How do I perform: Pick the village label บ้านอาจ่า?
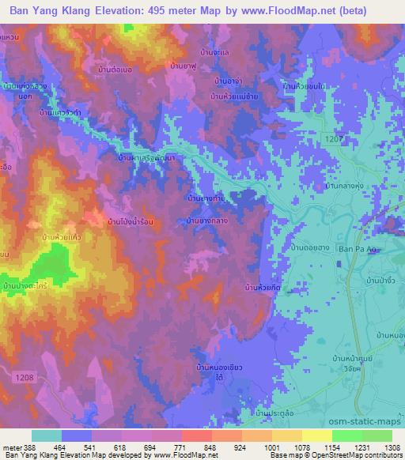click(228, 81)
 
